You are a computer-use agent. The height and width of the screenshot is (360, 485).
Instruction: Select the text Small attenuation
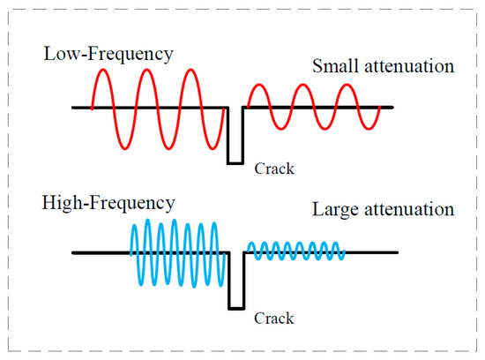tap(381, 66)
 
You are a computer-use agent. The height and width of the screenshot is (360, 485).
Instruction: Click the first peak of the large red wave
tap(103, 71)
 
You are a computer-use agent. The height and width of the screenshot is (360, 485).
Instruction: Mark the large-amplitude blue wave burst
tap(179, 252)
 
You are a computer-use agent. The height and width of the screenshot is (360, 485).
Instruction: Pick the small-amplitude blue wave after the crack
tap(294, 252)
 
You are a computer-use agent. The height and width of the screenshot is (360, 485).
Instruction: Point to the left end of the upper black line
tap(74, 109)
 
